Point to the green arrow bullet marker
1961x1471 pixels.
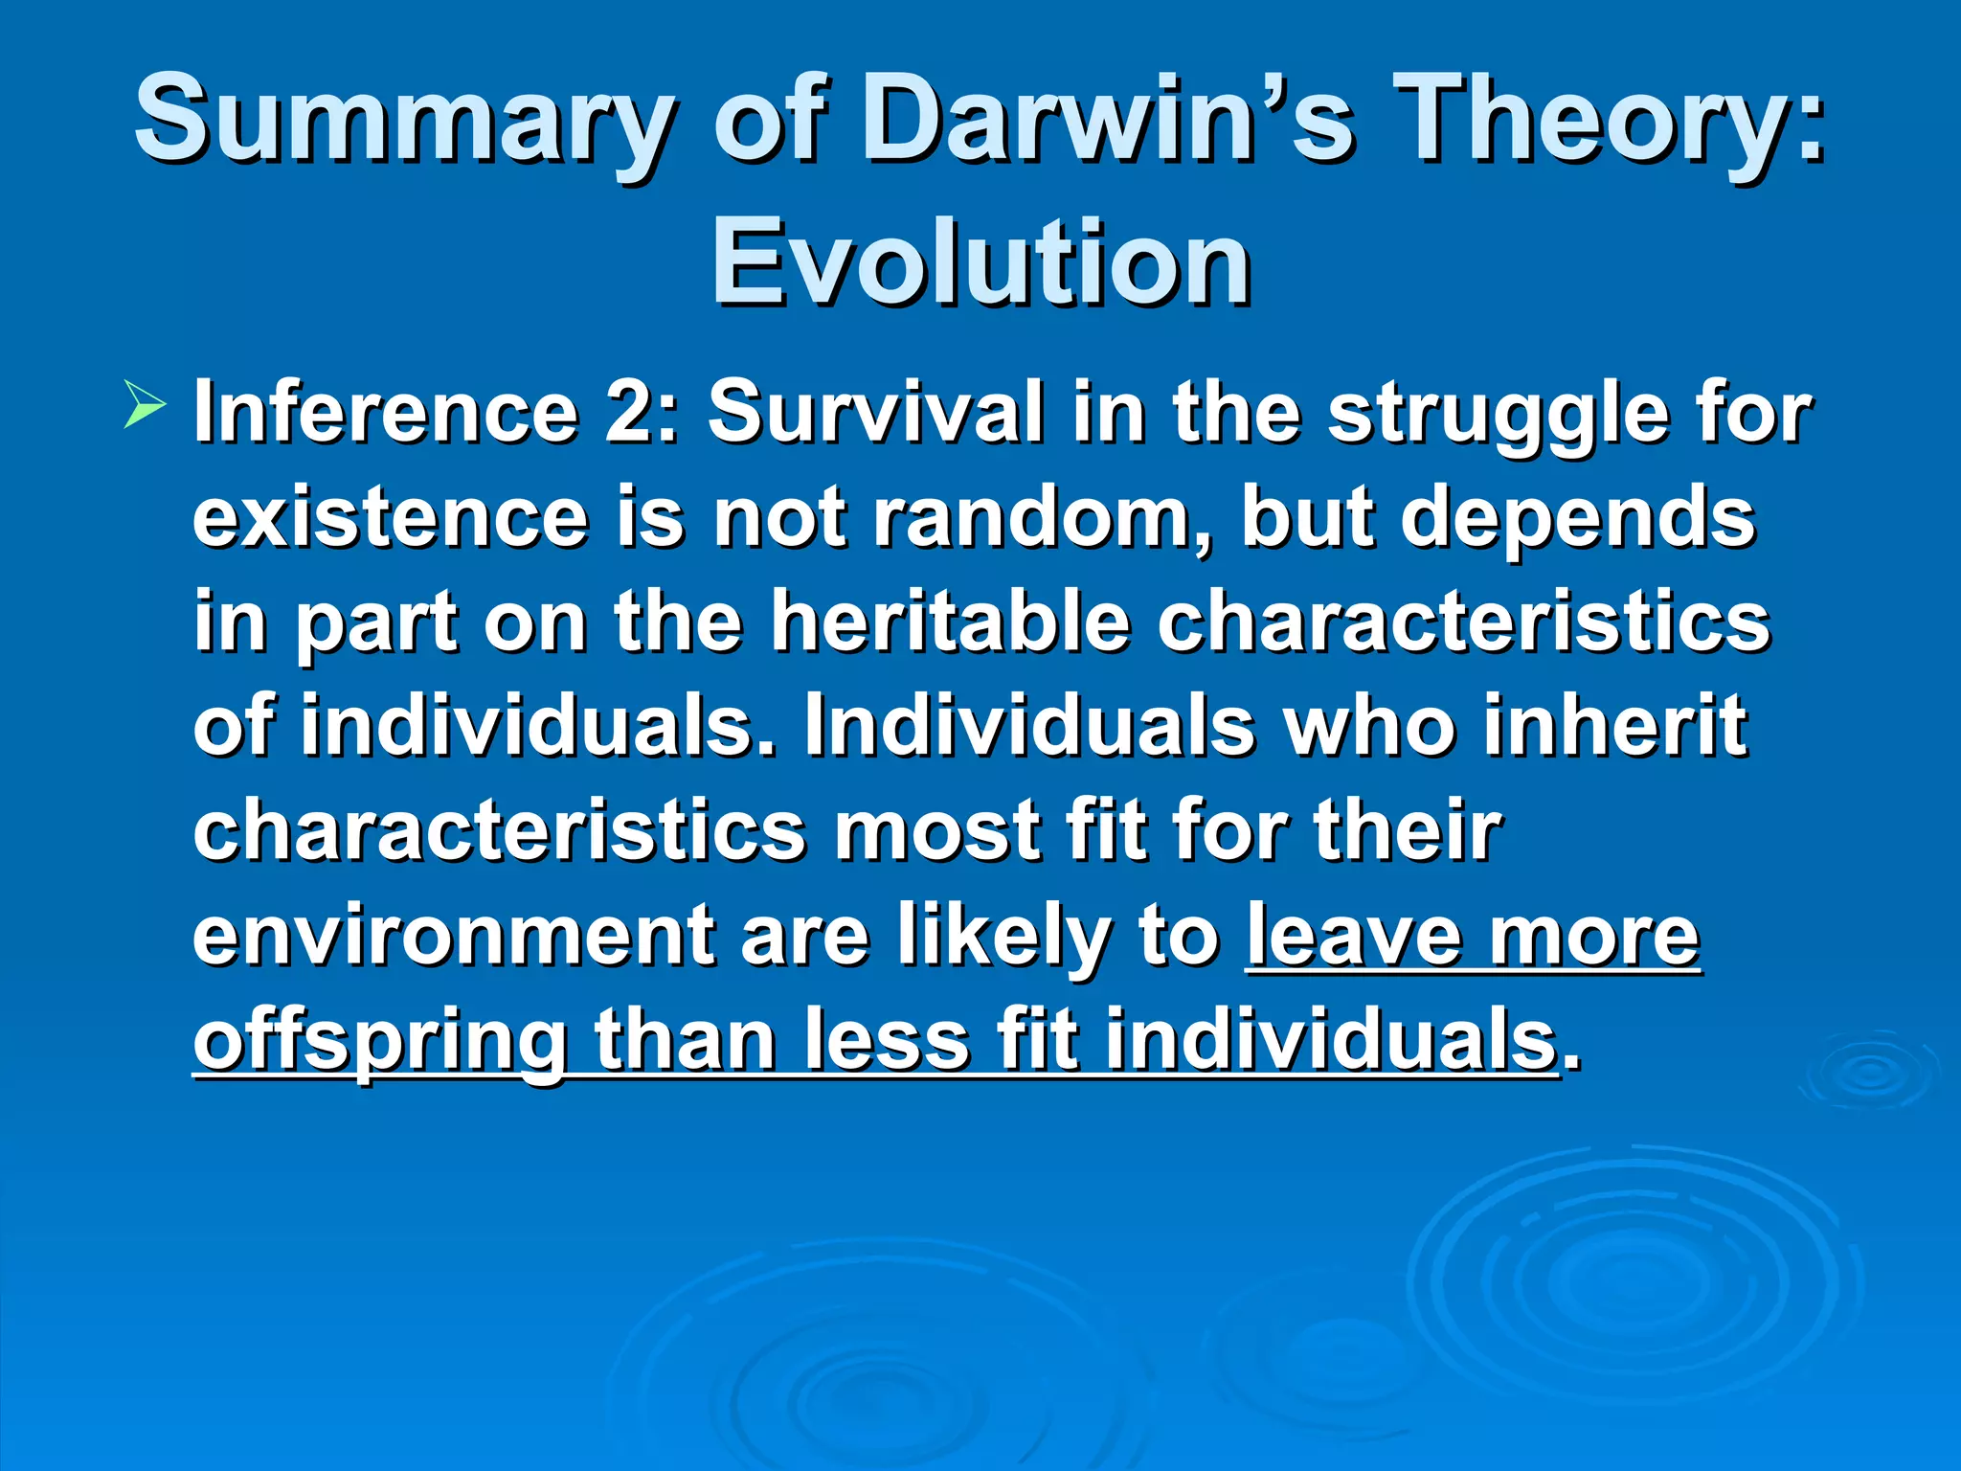click(144, 403)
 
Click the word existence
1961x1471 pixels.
click(391, 518)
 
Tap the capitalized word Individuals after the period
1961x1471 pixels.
click(1029, 726)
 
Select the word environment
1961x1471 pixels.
click(453, 936)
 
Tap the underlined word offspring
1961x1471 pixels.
click(380, 1041)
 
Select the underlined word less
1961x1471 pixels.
click(887, 1041)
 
